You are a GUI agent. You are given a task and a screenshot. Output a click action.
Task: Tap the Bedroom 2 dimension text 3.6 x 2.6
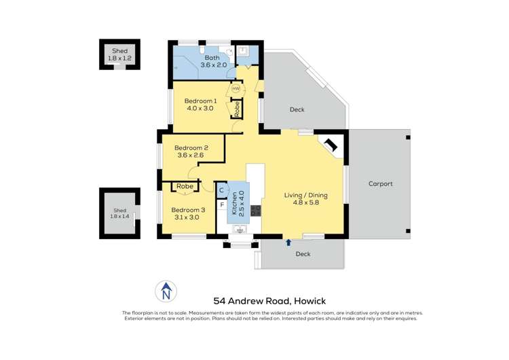[x=191, y=156]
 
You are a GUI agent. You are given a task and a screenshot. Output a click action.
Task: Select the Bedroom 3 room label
[x=185, y=209]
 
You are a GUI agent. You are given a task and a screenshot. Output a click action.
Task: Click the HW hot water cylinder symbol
[x=235, y=89]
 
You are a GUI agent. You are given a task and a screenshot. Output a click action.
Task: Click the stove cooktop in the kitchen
[x=256, y=211]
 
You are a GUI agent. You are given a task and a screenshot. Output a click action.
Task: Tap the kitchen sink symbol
[x=240, y=230]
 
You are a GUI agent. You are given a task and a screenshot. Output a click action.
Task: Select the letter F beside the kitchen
[x=221, y=204]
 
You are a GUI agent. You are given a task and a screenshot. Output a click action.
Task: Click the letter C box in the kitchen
[x=221, y=190]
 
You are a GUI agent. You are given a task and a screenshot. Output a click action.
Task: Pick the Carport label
[x=381, y=184]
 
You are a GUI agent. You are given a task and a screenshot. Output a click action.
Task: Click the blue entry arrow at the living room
[x=288, y=242]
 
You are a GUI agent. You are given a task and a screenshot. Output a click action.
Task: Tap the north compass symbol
[x=165, y=291]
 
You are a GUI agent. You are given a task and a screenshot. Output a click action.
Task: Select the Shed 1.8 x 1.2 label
[x=119, y=54]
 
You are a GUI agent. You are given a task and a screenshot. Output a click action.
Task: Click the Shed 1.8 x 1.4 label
[x=119, y=213]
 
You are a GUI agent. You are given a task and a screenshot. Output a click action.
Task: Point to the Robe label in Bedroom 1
[x=237, y=108]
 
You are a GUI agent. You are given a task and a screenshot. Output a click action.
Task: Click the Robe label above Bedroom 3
[x=185, y=186]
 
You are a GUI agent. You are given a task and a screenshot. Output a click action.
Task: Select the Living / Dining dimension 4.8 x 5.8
[x=310, y=202]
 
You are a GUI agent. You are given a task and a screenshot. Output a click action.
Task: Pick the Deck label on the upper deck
[x=297, y=109]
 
